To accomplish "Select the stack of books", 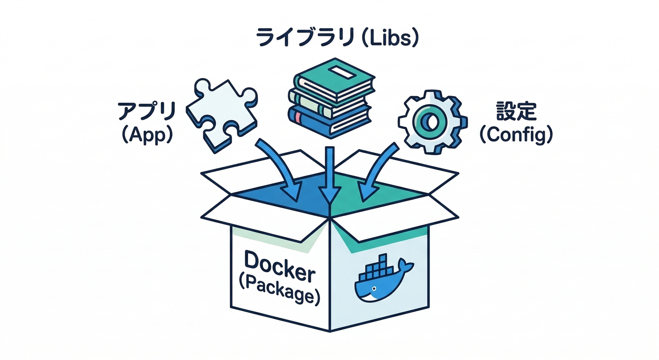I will [x=330, y=98].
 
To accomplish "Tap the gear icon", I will [x=432, y=121].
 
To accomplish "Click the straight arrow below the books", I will [x=330, y=176].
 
